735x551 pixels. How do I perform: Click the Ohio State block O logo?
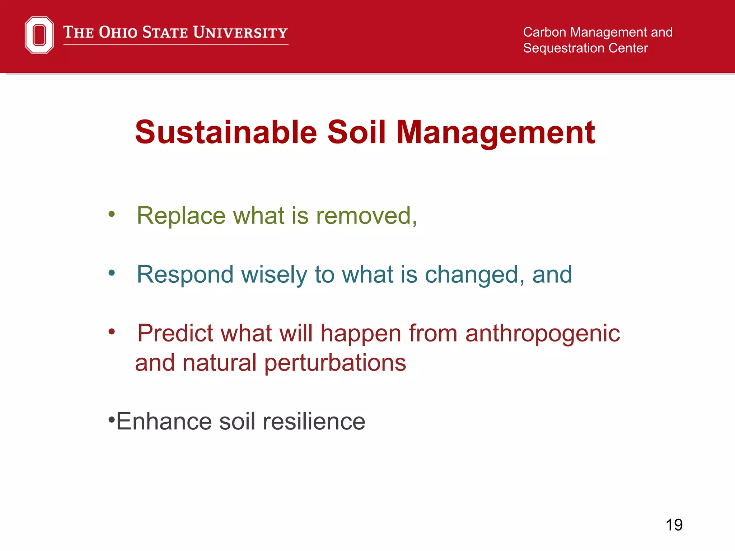click(x=39, y=35)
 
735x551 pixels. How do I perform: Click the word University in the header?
click(x=240, y=32)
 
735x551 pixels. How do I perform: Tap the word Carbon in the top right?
click(x=544, y=32)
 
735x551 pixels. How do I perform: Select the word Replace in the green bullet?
click(x=181, y=216)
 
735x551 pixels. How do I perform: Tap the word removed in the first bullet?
click(x=364, y=216)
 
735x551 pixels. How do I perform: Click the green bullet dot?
click(x=112, y=214)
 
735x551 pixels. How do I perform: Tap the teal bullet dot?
click(x=112, y=273)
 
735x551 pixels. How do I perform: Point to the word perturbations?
click(x=335, y=363)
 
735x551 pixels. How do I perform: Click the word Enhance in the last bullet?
click(x=164, y=422)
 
